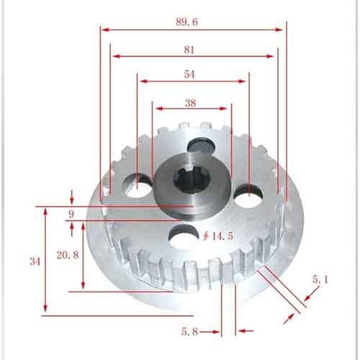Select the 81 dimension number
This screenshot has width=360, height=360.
click(190, 50)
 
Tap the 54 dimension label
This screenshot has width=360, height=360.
click(190, 75)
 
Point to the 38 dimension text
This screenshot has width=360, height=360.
click(190, 103)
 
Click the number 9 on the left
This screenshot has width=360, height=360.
click(71, 215)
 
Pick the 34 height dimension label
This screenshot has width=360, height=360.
click(35, 261)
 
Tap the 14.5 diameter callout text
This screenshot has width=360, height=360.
click(223, 235)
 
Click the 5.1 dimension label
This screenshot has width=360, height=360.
click(319, 277)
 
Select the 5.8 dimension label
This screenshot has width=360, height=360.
click(190, 331)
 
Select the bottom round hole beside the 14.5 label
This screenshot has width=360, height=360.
click(184, 235)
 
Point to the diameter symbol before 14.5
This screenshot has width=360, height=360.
click(207, 235)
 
